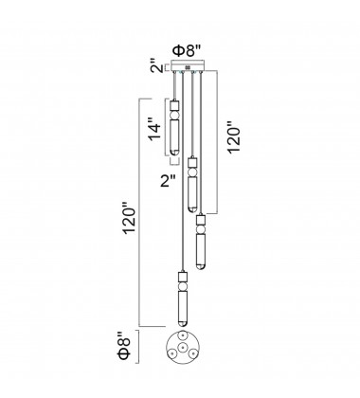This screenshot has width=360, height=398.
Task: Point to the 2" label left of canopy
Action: [x=153, y=68]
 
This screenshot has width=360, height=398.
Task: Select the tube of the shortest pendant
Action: [x=176, y=138]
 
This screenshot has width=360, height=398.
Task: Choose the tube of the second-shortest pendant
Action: [x=190, y=194]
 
